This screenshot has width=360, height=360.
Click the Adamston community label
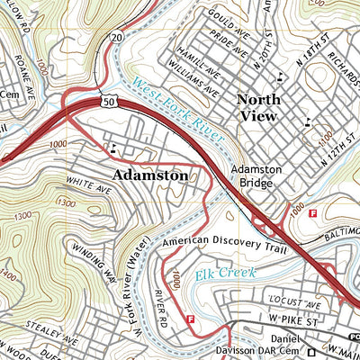point(150,175)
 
